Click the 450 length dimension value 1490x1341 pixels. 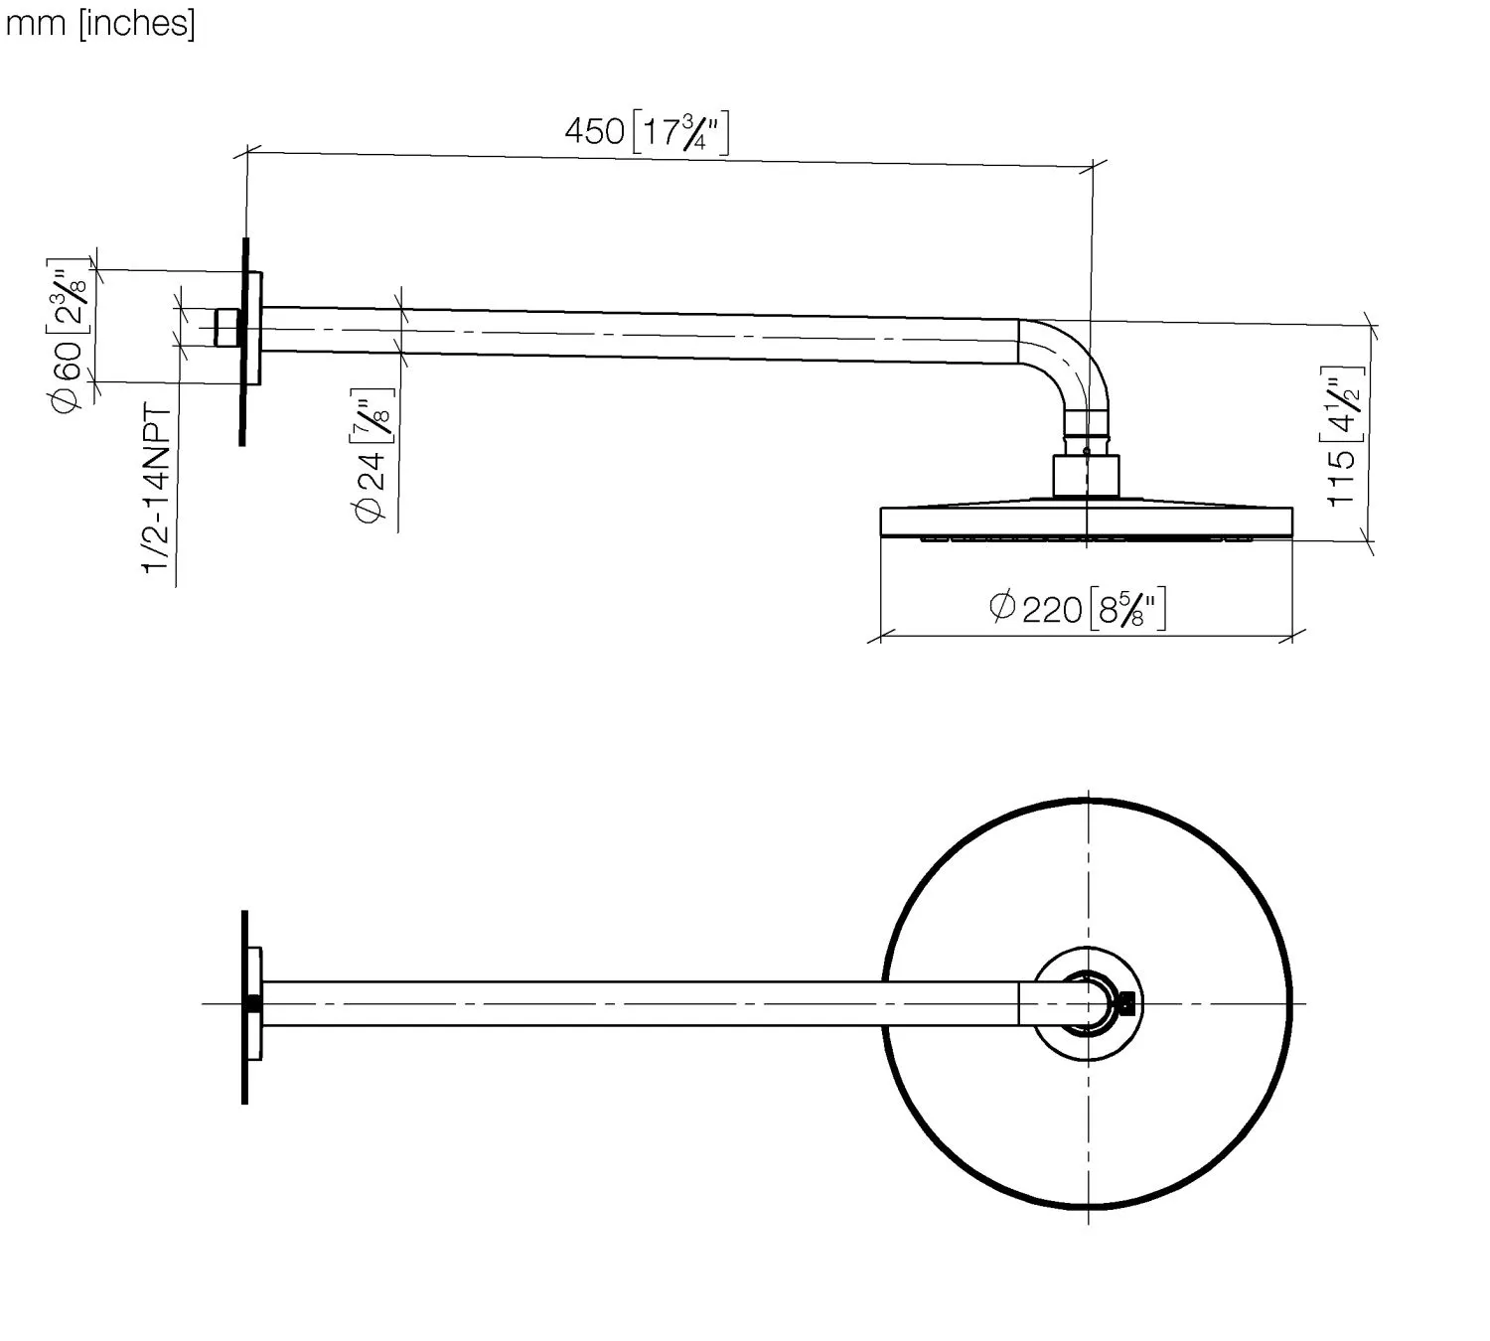coord(594,131)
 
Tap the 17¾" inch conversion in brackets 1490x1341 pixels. coord(681,131)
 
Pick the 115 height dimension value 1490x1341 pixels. coord(1342,479)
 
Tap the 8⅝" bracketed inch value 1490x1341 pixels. coord(1127,607)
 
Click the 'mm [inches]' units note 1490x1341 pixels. coord(100,23)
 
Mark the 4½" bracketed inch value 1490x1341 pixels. coord(1344,402)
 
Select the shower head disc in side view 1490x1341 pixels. coord(1087,522)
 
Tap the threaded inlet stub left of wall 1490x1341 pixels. coord(228,327)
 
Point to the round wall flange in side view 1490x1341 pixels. coord(253,327)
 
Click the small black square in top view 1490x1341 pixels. coord(1126,1003)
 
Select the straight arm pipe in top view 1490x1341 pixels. coord(636,1003)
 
